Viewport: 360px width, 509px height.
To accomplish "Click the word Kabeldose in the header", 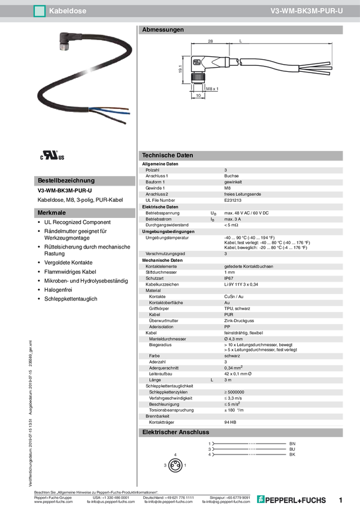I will (66, 10).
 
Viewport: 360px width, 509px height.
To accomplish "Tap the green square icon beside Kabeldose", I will (39, 10).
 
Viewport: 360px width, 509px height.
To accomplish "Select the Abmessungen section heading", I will (163, 29).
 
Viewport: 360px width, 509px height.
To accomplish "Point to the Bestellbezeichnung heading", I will (66, 180).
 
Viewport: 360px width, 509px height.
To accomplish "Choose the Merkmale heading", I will (52, 213).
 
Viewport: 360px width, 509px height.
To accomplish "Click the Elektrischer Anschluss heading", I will (175, 432).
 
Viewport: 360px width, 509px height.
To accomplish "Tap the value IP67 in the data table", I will (229, 278).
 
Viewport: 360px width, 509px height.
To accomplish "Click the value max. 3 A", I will (233, 219).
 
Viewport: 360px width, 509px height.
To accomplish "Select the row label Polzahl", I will (153, 170).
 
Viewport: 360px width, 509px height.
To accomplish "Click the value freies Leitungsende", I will (243, 194).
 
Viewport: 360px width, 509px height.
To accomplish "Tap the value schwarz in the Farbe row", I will (232, 356).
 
